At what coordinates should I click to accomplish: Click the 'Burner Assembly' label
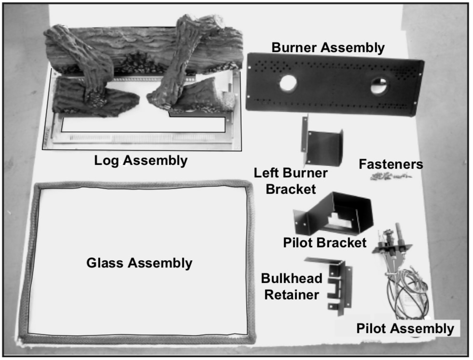328,48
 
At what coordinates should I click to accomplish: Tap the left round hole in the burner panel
288,83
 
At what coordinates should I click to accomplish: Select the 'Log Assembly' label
141,160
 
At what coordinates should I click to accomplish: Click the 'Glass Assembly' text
139,263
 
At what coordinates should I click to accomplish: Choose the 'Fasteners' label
391,164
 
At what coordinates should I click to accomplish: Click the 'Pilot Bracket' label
324,242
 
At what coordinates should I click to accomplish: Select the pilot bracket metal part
338,212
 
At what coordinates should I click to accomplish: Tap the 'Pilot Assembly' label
405,329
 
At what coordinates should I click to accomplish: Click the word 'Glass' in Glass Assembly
107,263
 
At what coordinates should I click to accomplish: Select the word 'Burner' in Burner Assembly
294,48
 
